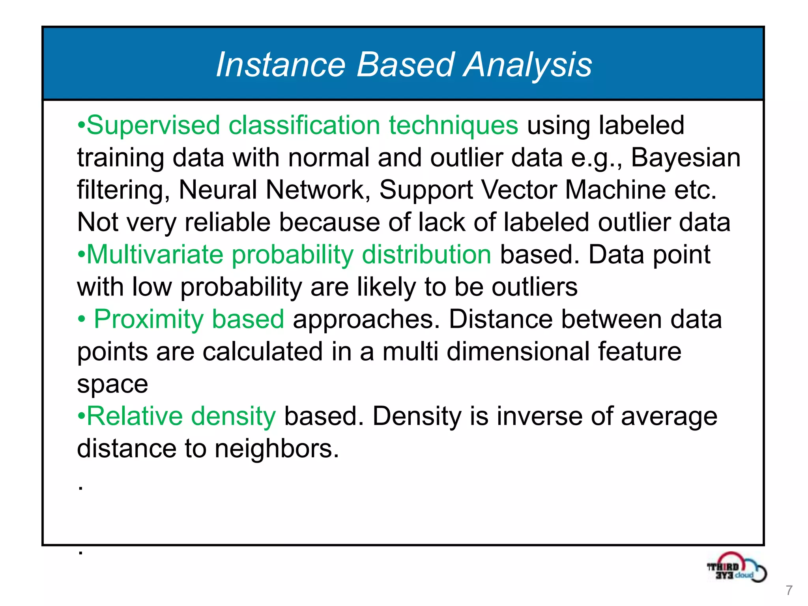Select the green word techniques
(x=453, y=125)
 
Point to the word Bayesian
(x=686, y=158)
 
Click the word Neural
(x=218, y=190)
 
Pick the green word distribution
(x=426, y=254)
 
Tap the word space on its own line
(x=112, y=385)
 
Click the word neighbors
(x=276, y=449)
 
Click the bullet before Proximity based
(x=81, y=320)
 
